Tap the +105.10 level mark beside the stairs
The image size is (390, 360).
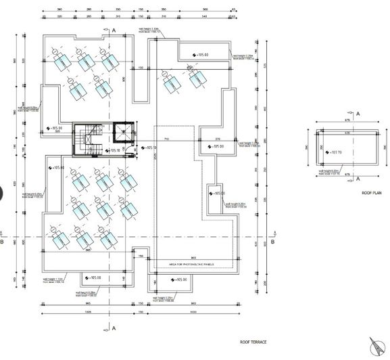pos(114,151)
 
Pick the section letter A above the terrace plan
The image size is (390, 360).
pos(114,31)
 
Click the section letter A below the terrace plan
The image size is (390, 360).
pos(114,328)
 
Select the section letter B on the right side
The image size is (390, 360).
pos(272,241)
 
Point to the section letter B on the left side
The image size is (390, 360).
pos(3,241)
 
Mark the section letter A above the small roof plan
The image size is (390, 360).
pos(358,113)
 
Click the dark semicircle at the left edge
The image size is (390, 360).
pos(2,194)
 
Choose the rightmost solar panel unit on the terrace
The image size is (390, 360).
pos(197,81)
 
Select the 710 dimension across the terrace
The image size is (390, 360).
pos(165,139)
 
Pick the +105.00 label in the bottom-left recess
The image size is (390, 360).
pos(94,277)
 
